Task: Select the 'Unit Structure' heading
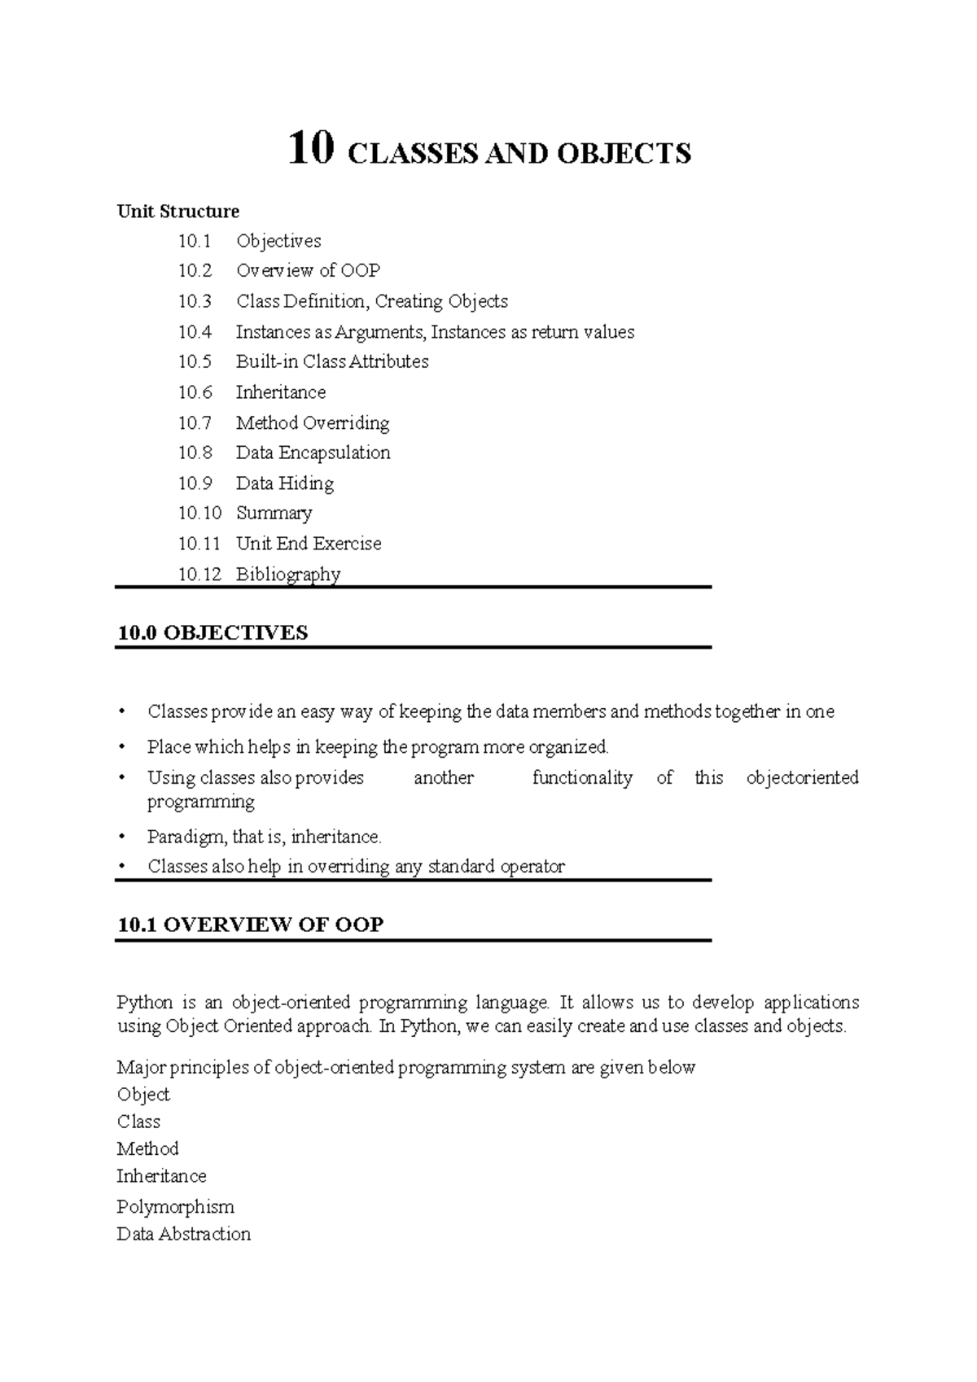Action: [x=178, y=212]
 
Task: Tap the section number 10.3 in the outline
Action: [x=195, y=301]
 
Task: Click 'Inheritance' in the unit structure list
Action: [x=281, y=392]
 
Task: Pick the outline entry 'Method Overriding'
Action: [x=313, y=423]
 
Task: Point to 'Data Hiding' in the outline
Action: [x=285, y=483]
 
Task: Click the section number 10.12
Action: [x=199, y=575]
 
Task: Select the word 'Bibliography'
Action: [x=288, y=575]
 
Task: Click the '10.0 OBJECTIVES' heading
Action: [x=212, y=632]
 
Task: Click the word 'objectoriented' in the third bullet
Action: [x=802, y=777]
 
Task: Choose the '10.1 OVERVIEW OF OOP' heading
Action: [x=250, y=925]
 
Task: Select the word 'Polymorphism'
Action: [x=175, y=1206]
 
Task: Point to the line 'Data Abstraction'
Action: [x=183, y=1234]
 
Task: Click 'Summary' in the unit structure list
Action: [x=274, y=513]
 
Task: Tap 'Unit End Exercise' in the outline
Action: [x=309, y=544]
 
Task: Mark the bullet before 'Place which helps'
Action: [x=122, y=746]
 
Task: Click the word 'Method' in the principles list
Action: [x=147, y=1148]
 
